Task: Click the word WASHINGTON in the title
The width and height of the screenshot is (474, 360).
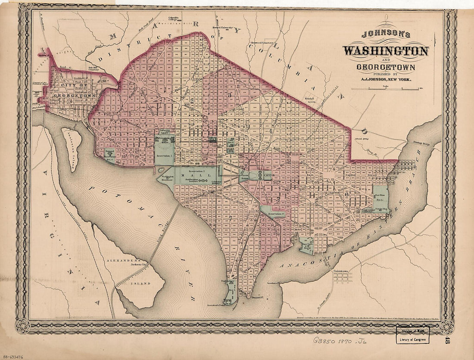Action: pos(386,51)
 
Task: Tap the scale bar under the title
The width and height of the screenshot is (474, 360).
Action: pos(385,89)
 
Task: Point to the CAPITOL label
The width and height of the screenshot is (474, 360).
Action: pos(268,176)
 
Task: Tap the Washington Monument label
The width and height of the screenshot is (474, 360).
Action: pos(168,177)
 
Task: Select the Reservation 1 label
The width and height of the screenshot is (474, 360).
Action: pos(164,156)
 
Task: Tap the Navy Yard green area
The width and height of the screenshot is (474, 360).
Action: pos(307,244)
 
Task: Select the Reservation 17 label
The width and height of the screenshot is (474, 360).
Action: pos(276,214)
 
